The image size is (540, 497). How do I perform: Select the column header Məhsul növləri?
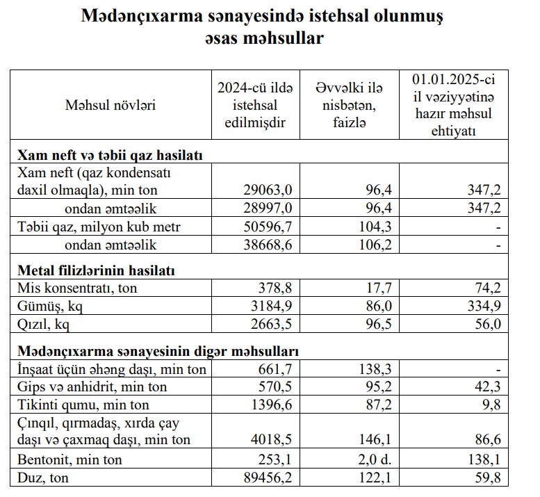tap(111, 105)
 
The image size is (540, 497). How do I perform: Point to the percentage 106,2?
tap(350, 245)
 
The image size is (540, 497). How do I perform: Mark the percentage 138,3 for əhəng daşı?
tap(350, 369)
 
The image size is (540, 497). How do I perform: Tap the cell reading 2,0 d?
tap(349, 459)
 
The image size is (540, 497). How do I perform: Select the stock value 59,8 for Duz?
tap(486, 478)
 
